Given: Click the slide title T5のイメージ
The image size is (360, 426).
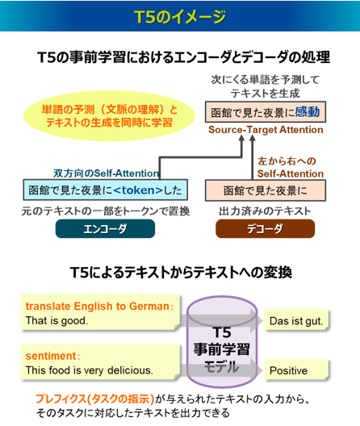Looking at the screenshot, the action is [180, 17].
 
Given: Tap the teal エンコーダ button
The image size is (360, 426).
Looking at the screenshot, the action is [105, 229].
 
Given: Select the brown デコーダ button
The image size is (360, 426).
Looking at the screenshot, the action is [266, 229].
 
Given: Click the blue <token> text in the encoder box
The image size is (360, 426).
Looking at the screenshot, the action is [138, 190].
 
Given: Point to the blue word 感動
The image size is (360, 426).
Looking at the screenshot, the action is [308, 112].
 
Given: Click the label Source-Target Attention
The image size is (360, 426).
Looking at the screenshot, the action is [266, 130].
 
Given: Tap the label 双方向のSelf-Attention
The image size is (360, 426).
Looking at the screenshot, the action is [106, 173].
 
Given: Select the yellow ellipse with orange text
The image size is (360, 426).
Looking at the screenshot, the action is [110, 116].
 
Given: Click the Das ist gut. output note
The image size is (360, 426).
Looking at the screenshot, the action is [296, 320].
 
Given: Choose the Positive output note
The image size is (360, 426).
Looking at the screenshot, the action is [296, 370].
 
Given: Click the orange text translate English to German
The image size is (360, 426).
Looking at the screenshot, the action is [98, 307].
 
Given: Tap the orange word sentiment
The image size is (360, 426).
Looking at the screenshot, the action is [51, 356].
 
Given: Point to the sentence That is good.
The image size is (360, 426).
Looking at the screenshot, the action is [57, 320].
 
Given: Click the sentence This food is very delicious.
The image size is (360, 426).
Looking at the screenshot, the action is [89, 370].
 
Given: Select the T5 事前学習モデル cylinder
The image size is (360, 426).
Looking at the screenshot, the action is [222, 342].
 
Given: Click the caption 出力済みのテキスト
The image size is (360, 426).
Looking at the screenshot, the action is [265, 211].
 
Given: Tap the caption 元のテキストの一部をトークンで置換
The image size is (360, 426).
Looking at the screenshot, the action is [106, 211].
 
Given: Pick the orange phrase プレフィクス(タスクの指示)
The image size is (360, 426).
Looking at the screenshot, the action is [95, 399].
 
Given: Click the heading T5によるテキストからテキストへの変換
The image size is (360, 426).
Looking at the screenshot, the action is [181, 272].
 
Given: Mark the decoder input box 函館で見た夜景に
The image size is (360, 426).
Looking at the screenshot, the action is [266, 190].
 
